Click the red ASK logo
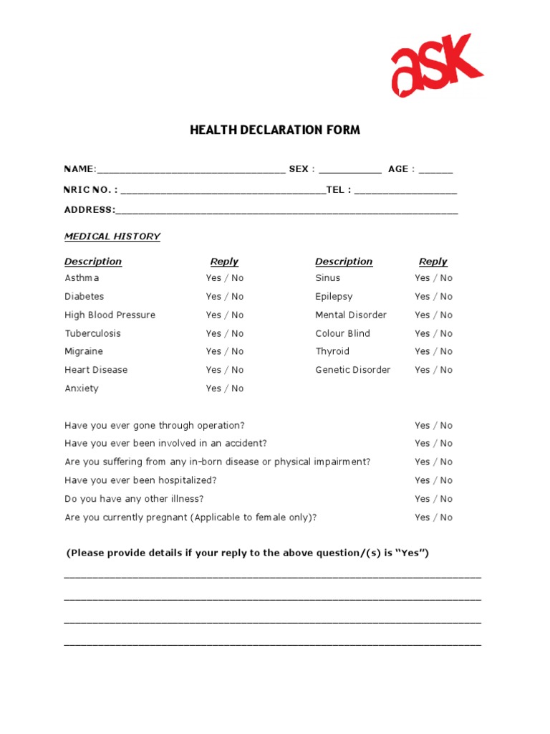coord(436,65)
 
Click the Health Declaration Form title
coord(275,130)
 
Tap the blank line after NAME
coord(190,171)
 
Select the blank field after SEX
coord(349,171)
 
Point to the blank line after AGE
coord(435,171)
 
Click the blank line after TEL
coord(405,191)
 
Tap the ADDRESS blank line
coord(286,211)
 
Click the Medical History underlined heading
coord(112,237)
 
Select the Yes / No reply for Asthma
coord(225,278)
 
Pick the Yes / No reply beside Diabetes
coord(225,297)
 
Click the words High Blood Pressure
coord(110,315)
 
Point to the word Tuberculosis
coord(93,333)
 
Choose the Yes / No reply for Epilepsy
coord(434,297)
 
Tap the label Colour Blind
coord(343,333)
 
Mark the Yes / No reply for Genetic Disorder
coord(434,370)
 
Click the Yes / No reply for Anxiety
coord(225,389)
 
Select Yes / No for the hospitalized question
coord(434,480)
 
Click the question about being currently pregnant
coord(190,518)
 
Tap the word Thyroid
coord(332,351)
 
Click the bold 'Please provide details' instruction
coord(248,553)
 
